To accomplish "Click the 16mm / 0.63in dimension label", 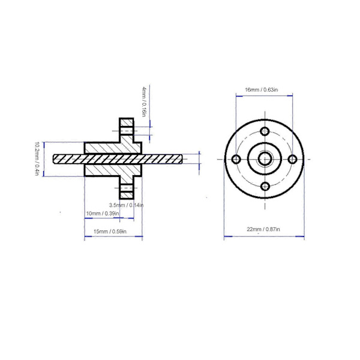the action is (x=261, y=90).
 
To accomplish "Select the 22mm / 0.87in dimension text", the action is (x=263, y=229).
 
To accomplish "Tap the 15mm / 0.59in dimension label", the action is (x=110, y=232).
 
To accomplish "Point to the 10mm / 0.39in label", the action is (x=103, y=214).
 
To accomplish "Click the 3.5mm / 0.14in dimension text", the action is (x=126, y=205).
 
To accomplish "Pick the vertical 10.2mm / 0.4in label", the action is (x=37, y=159).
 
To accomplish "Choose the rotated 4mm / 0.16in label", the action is (x=144, y=101).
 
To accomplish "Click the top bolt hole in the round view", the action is (x=265, y=131).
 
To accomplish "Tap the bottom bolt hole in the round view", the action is (x=265, y=187).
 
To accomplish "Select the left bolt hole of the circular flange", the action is (x=236, y=159).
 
